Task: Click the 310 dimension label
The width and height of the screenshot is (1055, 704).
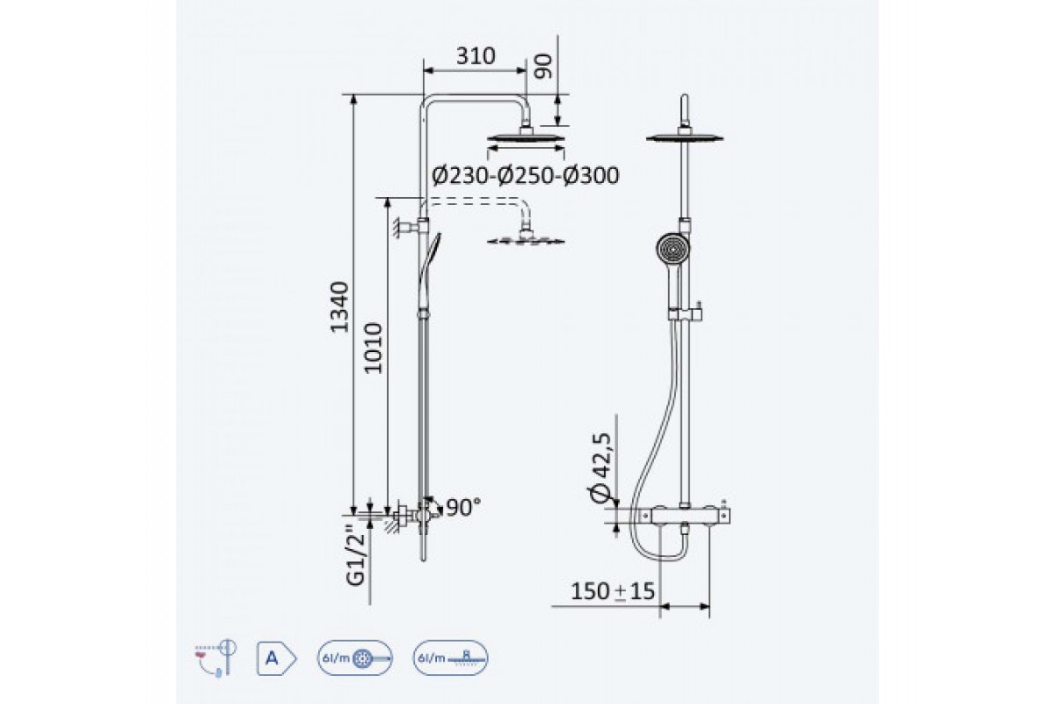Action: coord(476,56)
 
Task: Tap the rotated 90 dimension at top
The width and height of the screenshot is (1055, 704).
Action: coord(543,67)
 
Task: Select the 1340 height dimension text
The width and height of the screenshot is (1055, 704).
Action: coord(339,307)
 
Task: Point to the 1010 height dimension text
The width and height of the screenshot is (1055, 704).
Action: coord(373,348)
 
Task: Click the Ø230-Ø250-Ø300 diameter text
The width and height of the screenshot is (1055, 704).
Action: coord(525,175)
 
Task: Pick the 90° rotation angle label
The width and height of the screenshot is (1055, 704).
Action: coord(464,508)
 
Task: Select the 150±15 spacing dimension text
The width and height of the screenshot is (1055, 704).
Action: coord(613,590)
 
